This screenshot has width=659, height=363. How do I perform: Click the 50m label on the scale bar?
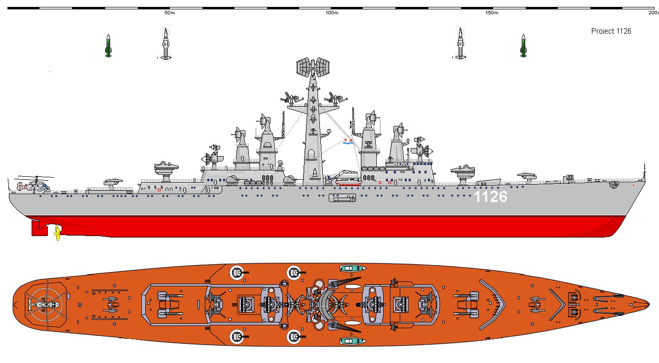(x=169, y=13)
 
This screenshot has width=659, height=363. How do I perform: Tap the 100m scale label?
(x=332, y=13)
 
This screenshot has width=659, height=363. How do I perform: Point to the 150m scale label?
(x=492, y=13)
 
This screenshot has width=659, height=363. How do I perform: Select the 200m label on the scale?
(x=653, y=13)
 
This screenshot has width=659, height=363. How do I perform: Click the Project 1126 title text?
(x=611, y=31)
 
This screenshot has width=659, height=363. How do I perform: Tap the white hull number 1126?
(x=490, y=197)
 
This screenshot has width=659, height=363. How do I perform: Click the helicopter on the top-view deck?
(x=43, y=305)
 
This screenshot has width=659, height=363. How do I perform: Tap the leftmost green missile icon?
(x=108, y=45)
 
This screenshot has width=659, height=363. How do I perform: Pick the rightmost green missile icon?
(x=523, y=45)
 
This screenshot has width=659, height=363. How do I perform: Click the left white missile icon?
(x=166, y=44)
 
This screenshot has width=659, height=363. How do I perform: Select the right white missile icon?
(x=461, y=44)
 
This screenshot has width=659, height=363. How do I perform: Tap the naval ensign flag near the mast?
(x=349, y=143)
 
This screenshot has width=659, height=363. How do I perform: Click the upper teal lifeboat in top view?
(x=352, y=269)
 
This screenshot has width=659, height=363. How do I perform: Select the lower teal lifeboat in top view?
(x=352, y=341)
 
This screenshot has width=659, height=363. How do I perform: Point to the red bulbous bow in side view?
(x=612, y=228)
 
